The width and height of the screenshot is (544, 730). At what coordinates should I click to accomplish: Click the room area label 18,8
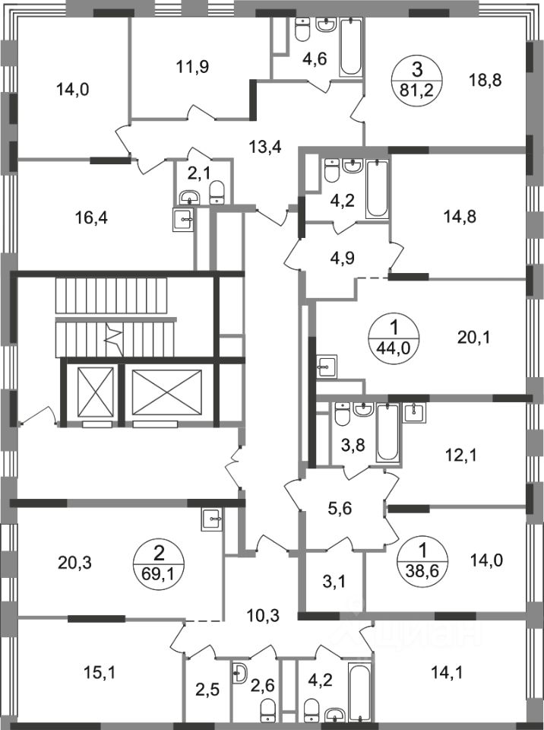[485, 81]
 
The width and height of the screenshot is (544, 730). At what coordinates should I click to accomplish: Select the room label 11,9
[193, 67]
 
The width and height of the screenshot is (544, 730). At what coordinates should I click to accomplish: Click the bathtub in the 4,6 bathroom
[351, 46]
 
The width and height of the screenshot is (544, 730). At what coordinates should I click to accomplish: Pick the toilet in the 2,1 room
[217, 192]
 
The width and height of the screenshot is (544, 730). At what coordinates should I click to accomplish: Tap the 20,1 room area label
[475, 337]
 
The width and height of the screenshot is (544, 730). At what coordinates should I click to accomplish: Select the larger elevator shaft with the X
[166, 392]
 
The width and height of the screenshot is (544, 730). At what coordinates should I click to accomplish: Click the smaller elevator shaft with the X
[96, 392]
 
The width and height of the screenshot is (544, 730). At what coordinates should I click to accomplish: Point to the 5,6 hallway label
[340, 508]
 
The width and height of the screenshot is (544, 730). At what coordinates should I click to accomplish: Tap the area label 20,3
[75, 563]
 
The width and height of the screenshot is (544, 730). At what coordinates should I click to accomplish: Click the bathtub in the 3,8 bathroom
[387, 433]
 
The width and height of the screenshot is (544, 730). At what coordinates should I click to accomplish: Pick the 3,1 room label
[334, 581]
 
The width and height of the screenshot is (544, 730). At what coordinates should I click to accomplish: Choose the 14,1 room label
[446, 673]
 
